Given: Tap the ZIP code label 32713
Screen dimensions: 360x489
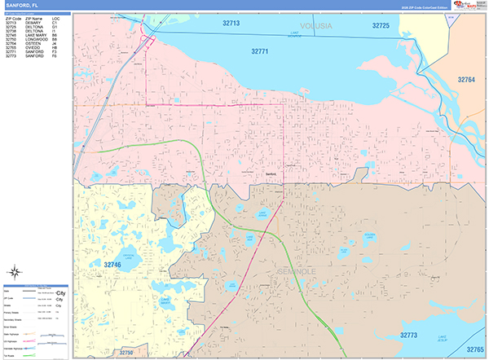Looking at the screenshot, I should click(231, 24).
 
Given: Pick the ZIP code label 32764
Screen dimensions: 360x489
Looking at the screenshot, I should click(465, 80).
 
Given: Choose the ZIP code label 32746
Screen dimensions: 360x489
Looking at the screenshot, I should click(112, 265).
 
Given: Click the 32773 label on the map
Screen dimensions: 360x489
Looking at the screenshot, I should click(408, 335).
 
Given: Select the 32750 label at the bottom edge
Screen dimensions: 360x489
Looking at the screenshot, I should click(124, 353).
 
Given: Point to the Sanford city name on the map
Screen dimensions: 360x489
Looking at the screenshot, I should click(272, 173).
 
